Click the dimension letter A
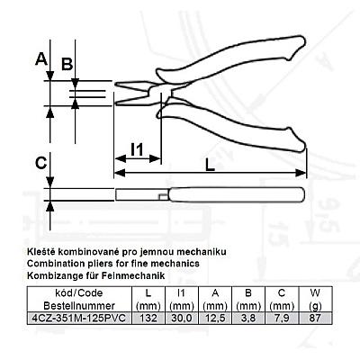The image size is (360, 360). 41,58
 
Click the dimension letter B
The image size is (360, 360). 67,64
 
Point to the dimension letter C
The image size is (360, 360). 41,163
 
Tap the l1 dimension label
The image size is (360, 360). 138,149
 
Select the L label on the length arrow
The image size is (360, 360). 211,165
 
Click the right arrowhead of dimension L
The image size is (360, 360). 301,173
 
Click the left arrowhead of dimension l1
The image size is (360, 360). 120,158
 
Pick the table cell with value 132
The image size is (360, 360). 148,318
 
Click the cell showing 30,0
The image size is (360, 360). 182,318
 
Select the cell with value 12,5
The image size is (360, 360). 215,318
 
